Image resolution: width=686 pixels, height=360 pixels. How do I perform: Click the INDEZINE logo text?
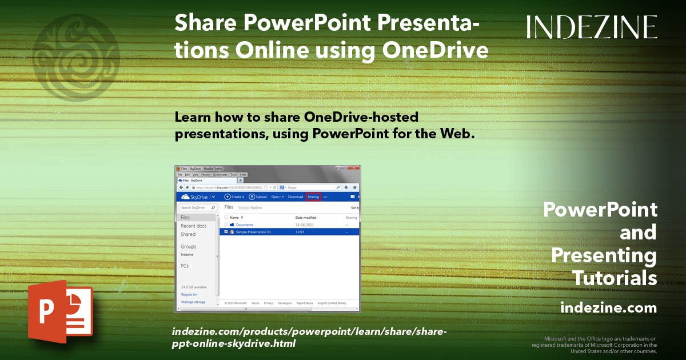[x=592, y=27]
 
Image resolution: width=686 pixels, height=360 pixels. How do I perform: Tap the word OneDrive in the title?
[x=435, y=50]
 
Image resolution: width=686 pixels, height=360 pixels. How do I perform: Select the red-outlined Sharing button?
[x=313, y=197]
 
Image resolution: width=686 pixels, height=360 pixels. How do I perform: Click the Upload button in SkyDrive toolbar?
[x=258, y=197]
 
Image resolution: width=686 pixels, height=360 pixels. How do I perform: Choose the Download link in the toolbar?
[x=295, y=197]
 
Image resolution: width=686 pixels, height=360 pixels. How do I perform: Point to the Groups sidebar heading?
[x=188, y=247]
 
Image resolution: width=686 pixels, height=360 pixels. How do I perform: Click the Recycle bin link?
[x=189, y=294]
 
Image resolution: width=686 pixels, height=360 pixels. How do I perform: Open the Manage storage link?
[x=193, y=302]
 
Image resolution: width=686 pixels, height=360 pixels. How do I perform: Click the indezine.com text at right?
[x=608, y=308]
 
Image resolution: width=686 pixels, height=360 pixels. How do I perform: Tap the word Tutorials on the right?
[x=615, y=278]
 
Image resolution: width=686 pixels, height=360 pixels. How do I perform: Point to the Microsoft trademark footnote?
[x=595, y=345]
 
